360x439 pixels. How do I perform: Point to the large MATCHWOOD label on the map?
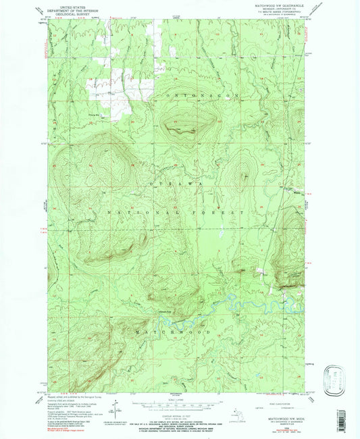[177, 332]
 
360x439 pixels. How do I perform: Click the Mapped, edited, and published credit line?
[68, 396]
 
